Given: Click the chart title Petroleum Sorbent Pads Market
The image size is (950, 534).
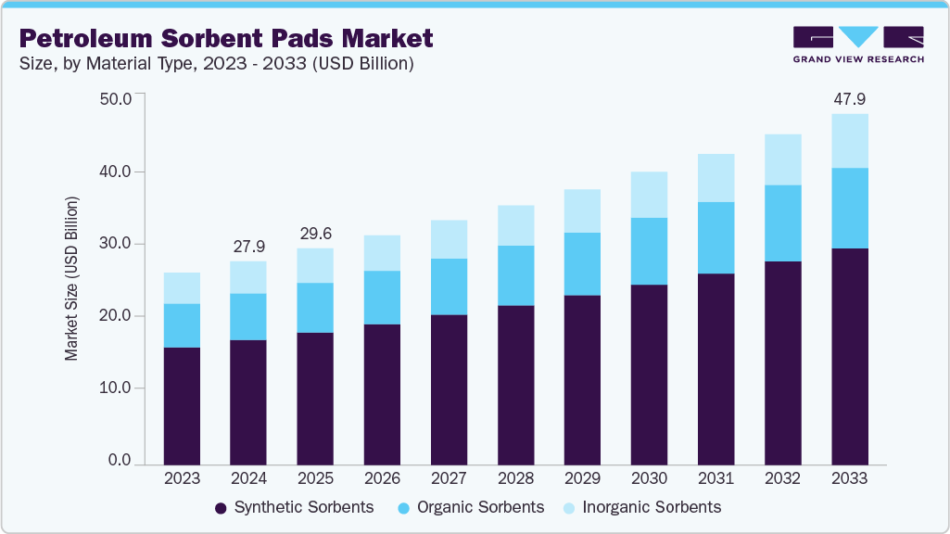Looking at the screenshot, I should (226, 38).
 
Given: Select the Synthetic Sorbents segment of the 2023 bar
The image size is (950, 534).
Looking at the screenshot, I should (182, 405).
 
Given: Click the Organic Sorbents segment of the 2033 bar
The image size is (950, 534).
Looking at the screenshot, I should (849, 208).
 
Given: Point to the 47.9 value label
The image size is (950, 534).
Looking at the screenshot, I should (849, 98).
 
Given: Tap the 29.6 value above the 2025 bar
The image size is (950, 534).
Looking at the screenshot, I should (315, 232).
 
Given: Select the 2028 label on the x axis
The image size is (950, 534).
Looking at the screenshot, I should (515, 478).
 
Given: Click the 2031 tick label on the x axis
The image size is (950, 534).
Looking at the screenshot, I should (716, 478).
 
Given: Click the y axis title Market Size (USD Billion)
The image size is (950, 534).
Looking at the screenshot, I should (71, 279).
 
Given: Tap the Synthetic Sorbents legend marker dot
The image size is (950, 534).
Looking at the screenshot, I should (221, 508).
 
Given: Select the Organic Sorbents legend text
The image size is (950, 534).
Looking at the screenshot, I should (480, 507).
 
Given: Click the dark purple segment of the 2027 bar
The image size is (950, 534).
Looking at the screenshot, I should (449, 389).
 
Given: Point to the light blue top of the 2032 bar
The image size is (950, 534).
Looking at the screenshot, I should (782, 159).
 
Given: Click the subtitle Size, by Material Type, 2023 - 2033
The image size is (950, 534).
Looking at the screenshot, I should (215, 64).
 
